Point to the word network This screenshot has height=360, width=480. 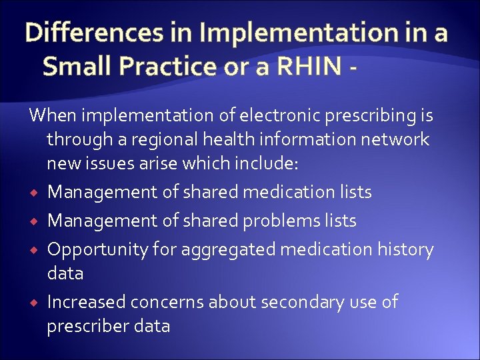[x=399, y=139]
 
